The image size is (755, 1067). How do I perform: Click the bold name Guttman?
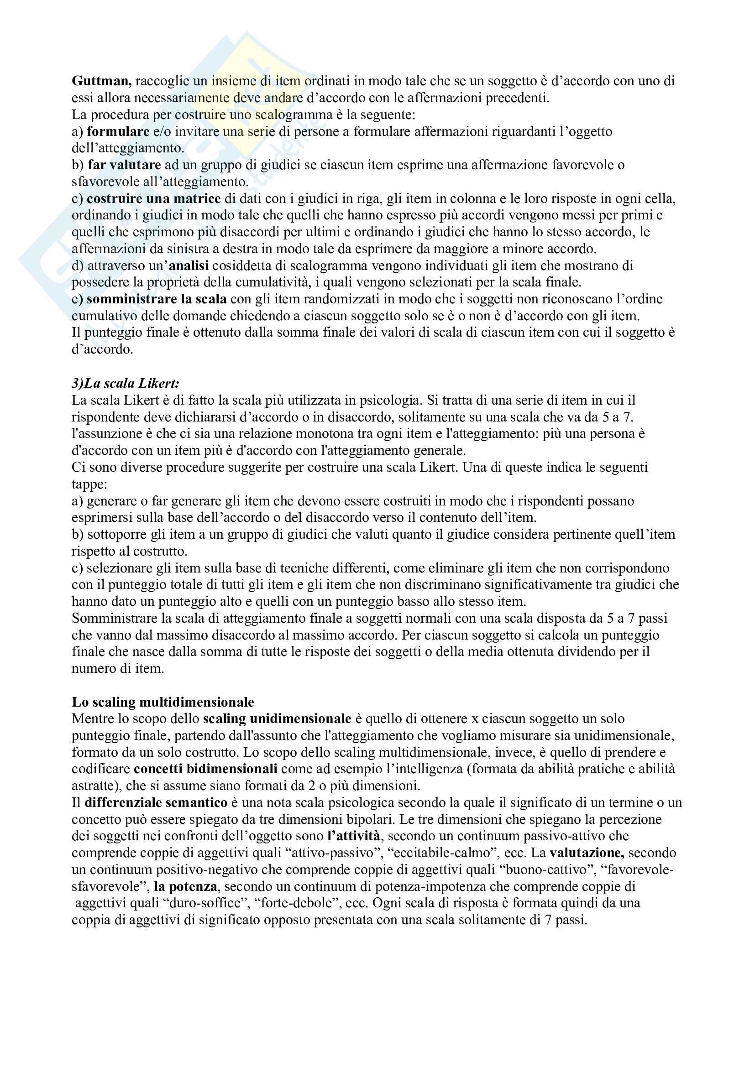click(101, 81)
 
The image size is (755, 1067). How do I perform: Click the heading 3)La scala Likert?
click(126, 383)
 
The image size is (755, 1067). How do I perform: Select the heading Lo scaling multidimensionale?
click(163, 702)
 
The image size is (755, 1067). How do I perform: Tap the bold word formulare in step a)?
click(118, 132)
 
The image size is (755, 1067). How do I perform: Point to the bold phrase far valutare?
click(124, 165)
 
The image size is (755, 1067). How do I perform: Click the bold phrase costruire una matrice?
click(153, 199)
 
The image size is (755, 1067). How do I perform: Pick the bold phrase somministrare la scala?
click(156, 299)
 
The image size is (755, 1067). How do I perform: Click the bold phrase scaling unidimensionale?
click(277, 719)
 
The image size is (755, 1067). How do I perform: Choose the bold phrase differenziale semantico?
click(156, 802)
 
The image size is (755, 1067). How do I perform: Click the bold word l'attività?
click(353, 836)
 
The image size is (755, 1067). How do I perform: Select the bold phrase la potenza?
click(185, 886)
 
